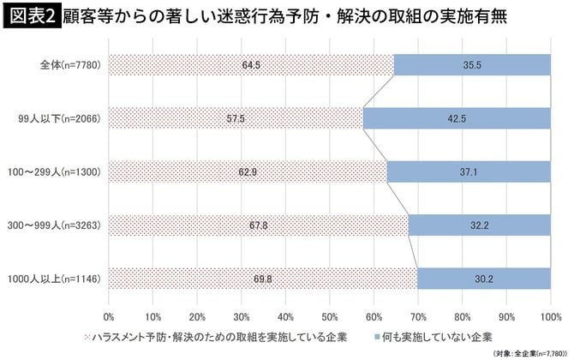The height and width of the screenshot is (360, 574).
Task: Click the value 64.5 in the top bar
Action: coord(251,65)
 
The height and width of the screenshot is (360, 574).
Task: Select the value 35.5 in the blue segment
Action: coord(472,65)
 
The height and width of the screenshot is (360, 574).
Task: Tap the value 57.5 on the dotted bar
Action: coord(236,118)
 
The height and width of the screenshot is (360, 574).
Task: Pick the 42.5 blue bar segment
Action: coord(457,118)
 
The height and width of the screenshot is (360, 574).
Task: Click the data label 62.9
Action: coord(248,171)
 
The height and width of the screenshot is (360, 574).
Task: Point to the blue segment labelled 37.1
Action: coord(469,171)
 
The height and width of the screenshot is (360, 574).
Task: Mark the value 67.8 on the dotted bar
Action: coord(259,225)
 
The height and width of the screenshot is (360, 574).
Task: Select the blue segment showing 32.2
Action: coord(480,225)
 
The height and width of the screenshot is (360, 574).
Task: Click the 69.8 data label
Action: coord(263,278)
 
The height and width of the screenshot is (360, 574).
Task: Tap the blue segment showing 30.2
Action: coord(484,278)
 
